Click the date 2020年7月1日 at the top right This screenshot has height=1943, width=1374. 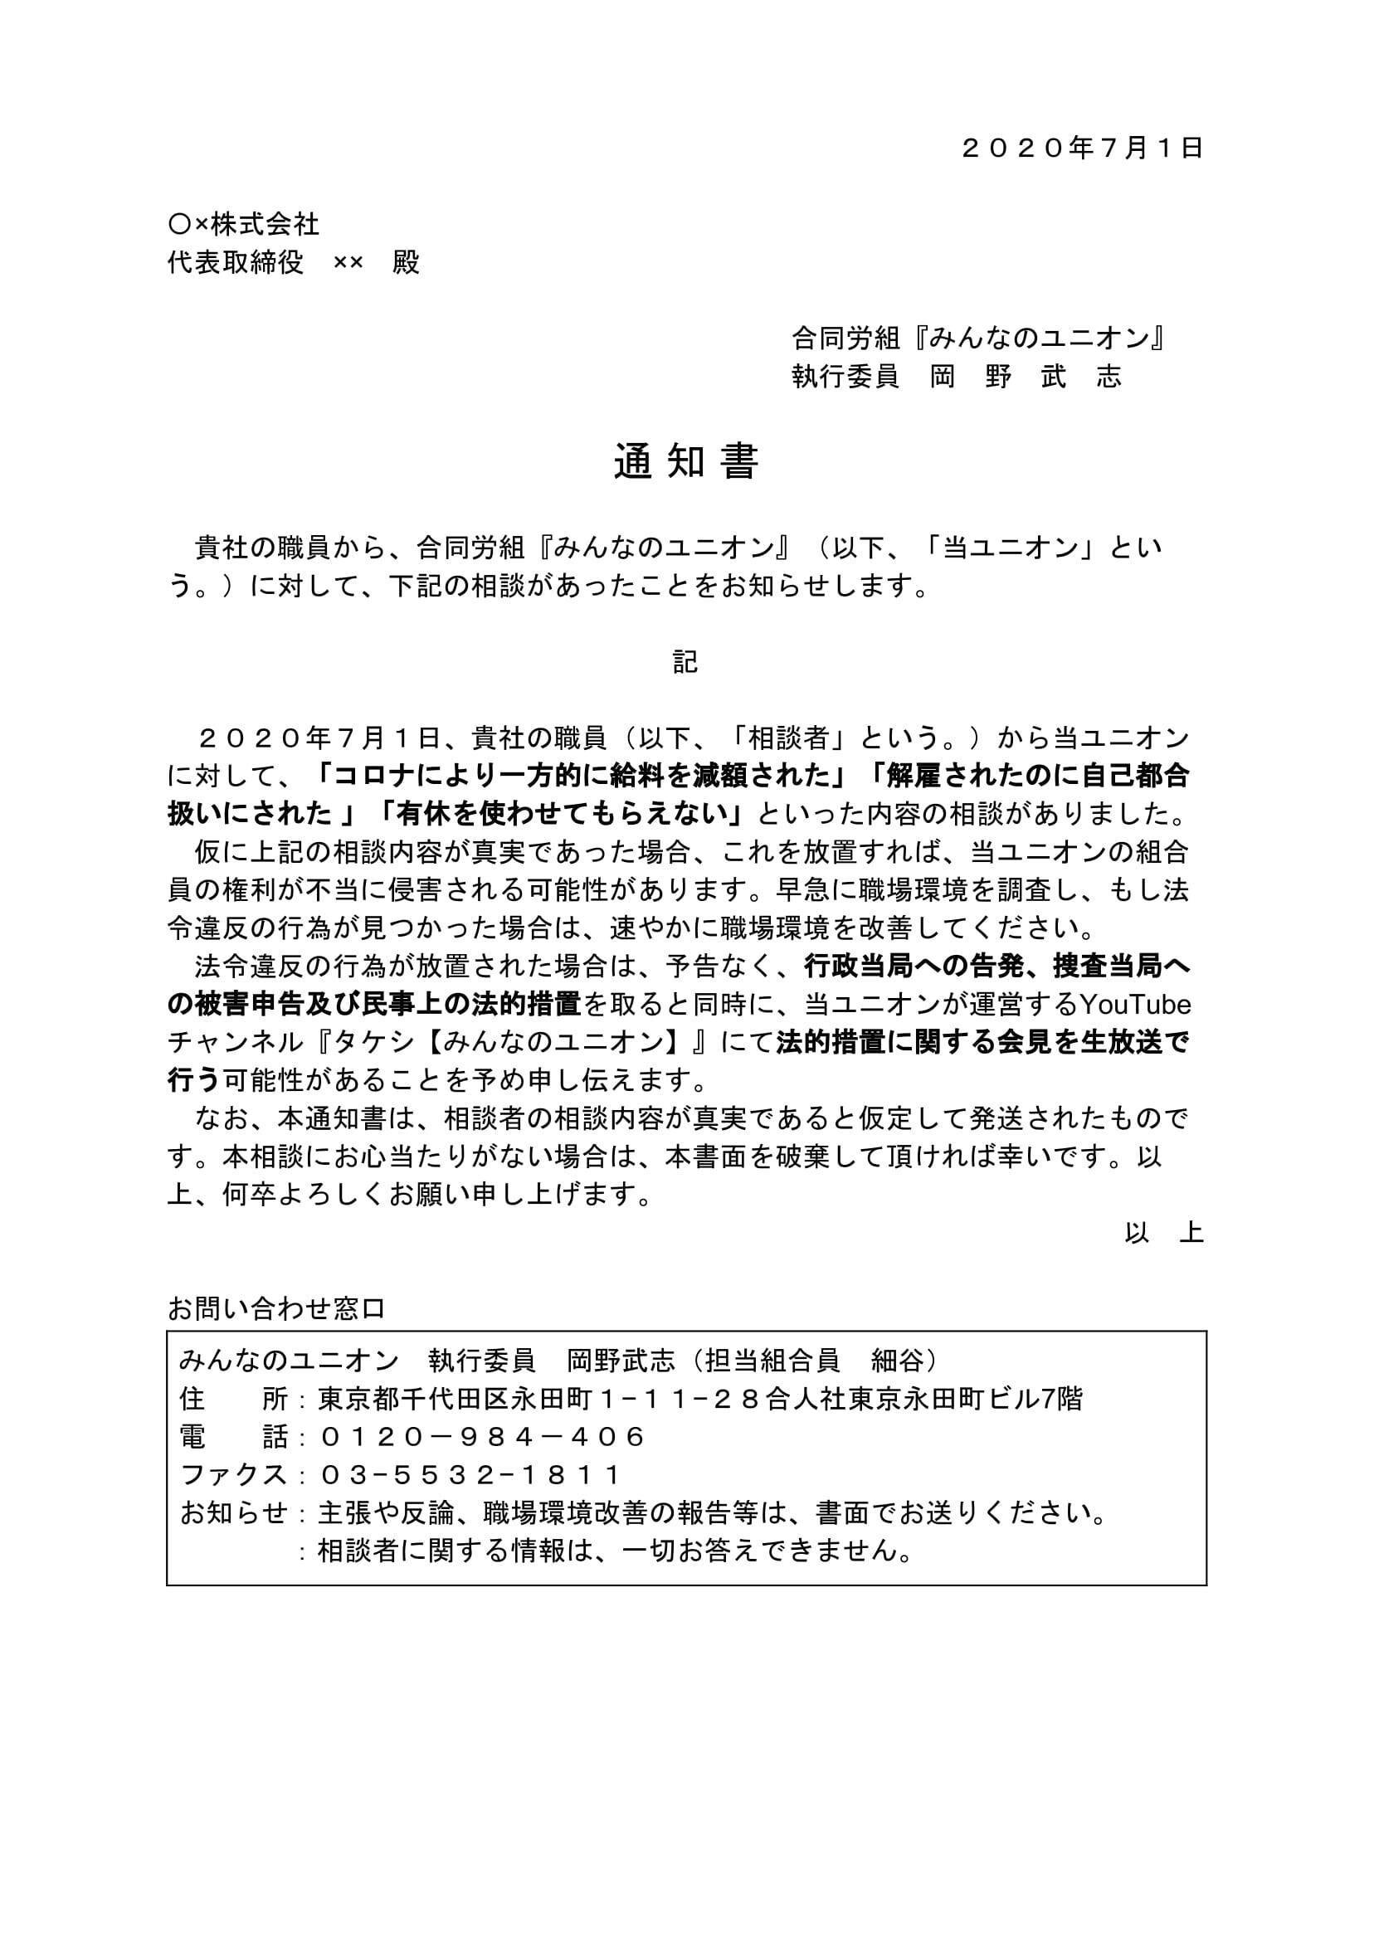tap(1082, 149)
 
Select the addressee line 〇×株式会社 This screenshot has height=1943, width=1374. tap(244, 224)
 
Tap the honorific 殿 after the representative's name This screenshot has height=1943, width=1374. tap(407, 262)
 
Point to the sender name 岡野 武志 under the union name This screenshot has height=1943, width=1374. tap(1026, 377)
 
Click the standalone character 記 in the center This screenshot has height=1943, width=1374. tap(685, 662)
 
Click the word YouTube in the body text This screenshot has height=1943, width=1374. tap(1135, 1006)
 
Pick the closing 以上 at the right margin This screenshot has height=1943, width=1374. tap(1164, 1233)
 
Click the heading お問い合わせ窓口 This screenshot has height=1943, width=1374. tap(276, 1309)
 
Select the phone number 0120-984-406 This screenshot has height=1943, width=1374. tap(483, 1436)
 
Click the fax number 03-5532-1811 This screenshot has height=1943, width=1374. tap(470, 1475)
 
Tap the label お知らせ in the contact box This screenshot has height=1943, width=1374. tap(234, 1513)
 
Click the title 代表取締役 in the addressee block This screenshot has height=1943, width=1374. tap(236, 262)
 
